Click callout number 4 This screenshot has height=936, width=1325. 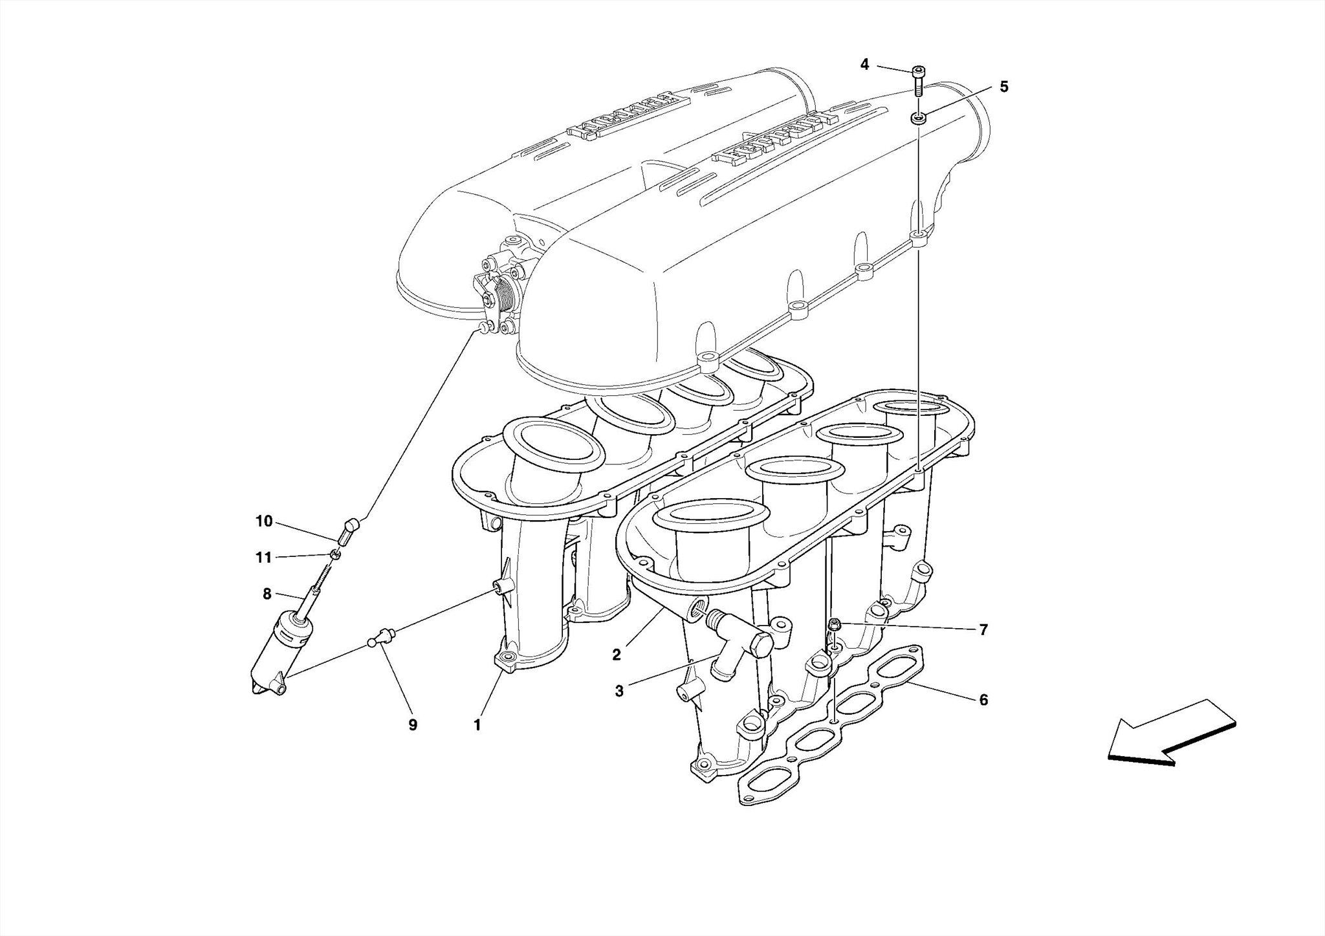point(864,64)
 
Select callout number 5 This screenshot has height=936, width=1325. point(1003,87)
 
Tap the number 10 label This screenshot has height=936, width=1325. point(264,521)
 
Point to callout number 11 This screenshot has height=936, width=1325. point(263,558)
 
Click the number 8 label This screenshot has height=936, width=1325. point(267,593)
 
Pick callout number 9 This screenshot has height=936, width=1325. point(413,725)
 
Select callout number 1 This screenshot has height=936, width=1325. point(477,725)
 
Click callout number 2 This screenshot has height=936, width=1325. point(617,655)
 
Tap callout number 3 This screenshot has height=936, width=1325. point(619,691)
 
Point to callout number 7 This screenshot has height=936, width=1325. point(983,629)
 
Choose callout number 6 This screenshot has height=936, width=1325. point(983,699)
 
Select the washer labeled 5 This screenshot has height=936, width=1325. point(918,118)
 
